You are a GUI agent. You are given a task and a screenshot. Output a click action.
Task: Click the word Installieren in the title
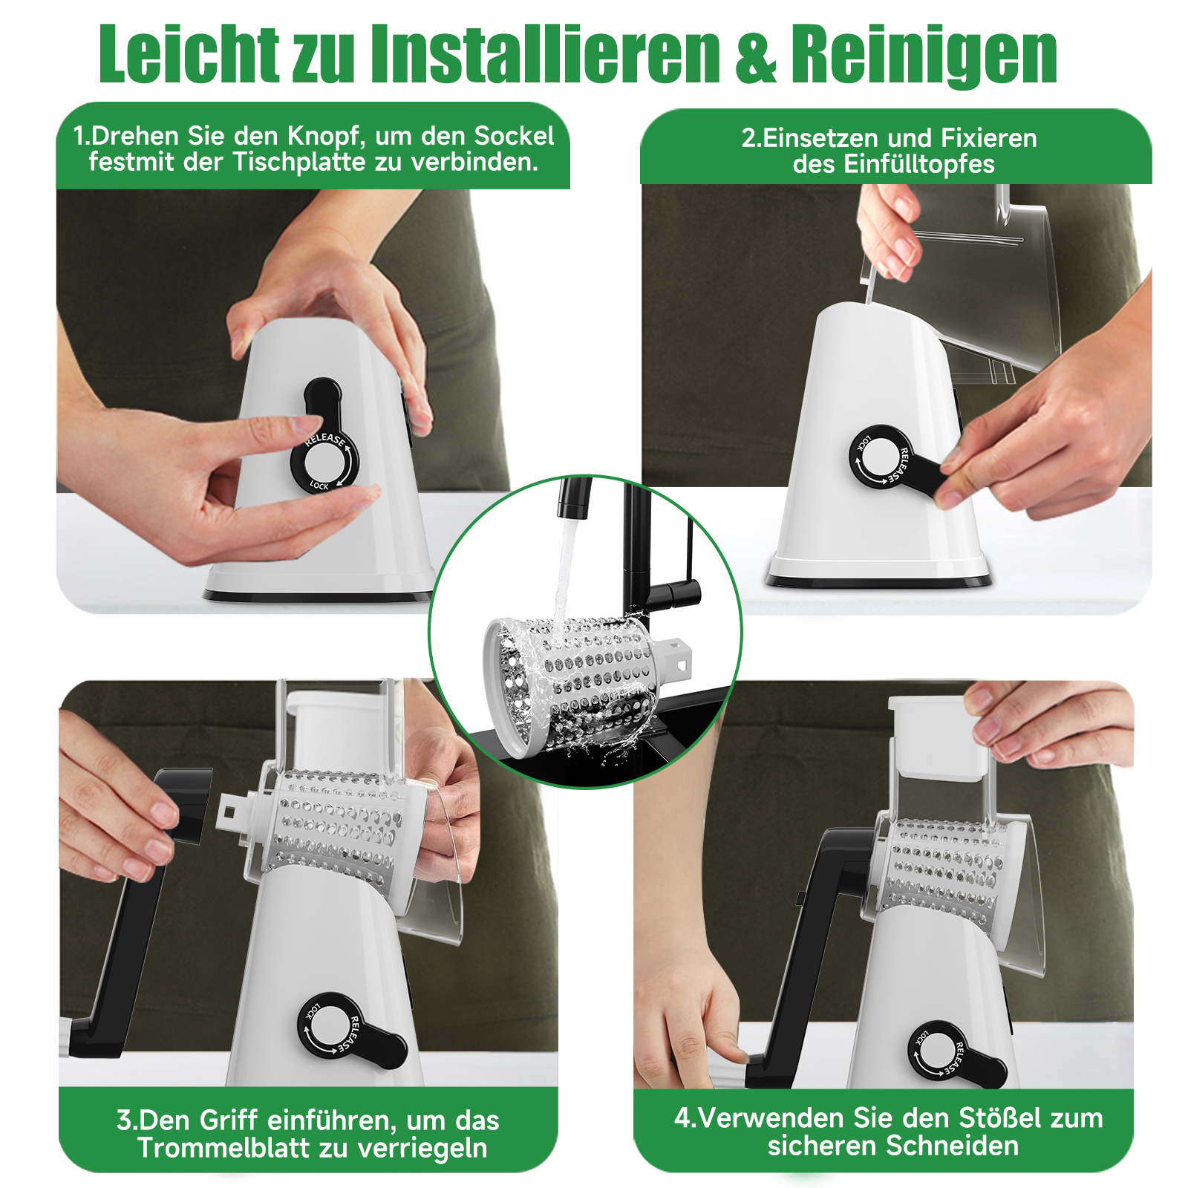[x=546, y=53]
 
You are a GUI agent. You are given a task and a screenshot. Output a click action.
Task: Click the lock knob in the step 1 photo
[x=324, y=446]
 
